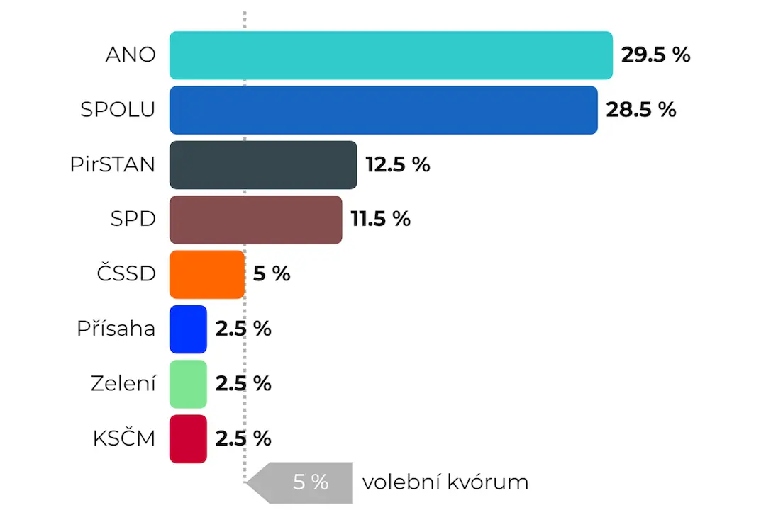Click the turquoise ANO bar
[x=391, y=55]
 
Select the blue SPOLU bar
[x=384, y=110]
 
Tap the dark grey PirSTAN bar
[x=263, y=165]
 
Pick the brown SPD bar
[x=256, y=220]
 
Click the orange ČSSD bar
[x=207, y=274]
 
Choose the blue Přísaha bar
[x=188, y=329]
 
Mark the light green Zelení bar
[x=188, y=384]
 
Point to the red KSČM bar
[x=188, y=438]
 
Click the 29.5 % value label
[x=655, y=55]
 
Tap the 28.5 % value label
[x=641, y=110]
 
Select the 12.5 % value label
[x=398, y=164]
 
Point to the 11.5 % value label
[x=381, y=219]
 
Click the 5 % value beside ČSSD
[x=272, y=274]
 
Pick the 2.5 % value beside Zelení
[x=243, y=384]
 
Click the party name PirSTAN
[x=112, y=164]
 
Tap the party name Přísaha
[x=116, y=328]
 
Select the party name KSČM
[x=124, y=438]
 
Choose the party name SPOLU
[x=118, y=110]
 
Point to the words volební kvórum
[x=445, y=482]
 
